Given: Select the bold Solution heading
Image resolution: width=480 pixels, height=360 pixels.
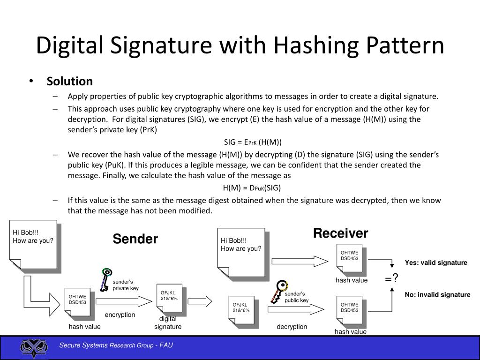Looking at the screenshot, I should pos(70,81).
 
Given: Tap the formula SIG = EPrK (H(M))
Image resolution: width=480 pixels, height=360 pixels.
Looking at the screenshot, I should pos(253,142).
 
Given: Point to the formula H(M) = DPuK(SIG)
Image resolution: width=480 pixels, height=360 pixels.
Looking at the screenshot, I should pos(252,188).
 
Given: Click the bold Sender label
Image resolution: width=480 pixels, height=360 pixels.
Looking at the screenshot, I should pos(135,239).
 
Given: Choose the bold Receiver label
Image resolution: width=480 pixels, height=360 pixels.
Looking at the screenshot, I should pos(341,233).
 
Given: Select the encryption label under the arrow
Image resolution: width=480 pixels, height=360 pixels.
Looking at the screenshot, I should pos(120,315).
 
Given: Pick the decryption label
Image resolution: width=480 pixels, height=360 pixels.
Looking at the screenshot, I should pos(292,327).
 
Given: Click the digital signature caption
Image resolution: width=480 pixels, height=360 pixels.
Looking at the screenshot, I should pos(167,323).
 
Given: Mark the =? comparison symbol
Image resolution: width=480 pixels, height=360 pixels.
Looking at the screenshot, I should pos(392,279).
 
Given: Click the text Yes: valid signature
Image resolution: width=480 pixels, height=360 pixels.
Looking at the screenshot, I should pos(436,262).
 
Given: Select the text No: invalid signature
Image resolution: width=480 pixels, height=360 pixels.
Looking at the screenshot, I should pos(437,295).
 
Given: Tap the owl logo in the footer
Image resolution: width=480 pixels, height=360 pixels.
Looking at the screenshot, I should pos(34,348).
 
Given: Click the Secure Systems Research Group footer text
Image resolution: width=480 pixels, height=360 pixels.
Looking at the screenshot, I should pos(116,346).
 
